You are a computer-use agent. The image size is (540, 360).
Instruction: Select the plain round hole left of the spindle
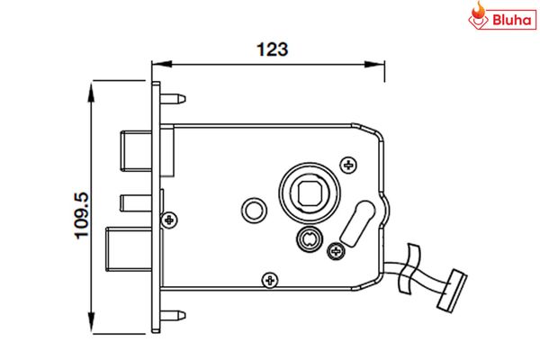[x=255, y=210]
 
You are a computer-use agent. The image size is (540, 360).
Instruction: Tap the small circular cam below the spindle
[x=308, y=238]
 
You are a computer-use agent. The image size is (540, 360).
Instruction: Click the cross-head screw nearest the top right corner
[x=350, y=163]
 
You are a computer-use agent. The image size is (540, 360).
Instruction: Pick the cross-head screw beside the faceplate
[x=168, y=218]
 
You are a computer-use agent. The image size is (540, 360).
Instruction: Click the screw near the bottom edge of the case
[x=267, y=280]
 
